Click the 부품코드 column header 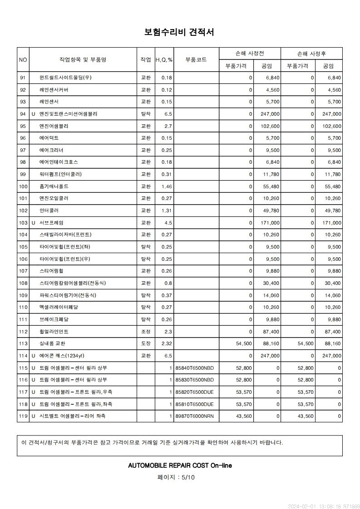pyautogui.click(x=196, y=59)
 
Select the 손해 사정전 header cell pyautogui.click(x=249, y=54)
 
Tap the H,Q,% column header pyautogui.click(x=164, y=59)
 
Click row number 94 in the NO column pyautogui.click(x=23, y=114)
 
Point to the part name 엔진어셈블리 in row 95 pyautogui.click(x=54, y=126)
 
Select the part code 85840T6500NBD pyautogui.click(x=194, y=368)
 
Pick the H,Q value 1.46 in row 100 pyautogui.click(x=167, y=186)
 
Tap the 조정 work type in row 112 pyautogui.click(x=146, y=332)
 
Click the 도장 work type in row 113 pyautogui.click(x=146, y=344)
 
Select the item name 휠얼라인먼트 pyautogui.click(x=54, y=332)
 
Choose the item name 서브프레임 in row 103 pyautogui.click(x=51, y=223)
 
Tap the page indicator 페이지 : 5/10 pyautogui.click(x=176, y=477)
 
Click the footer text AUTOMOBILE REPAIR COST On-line pyautogui.click(x=180, y=465)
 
